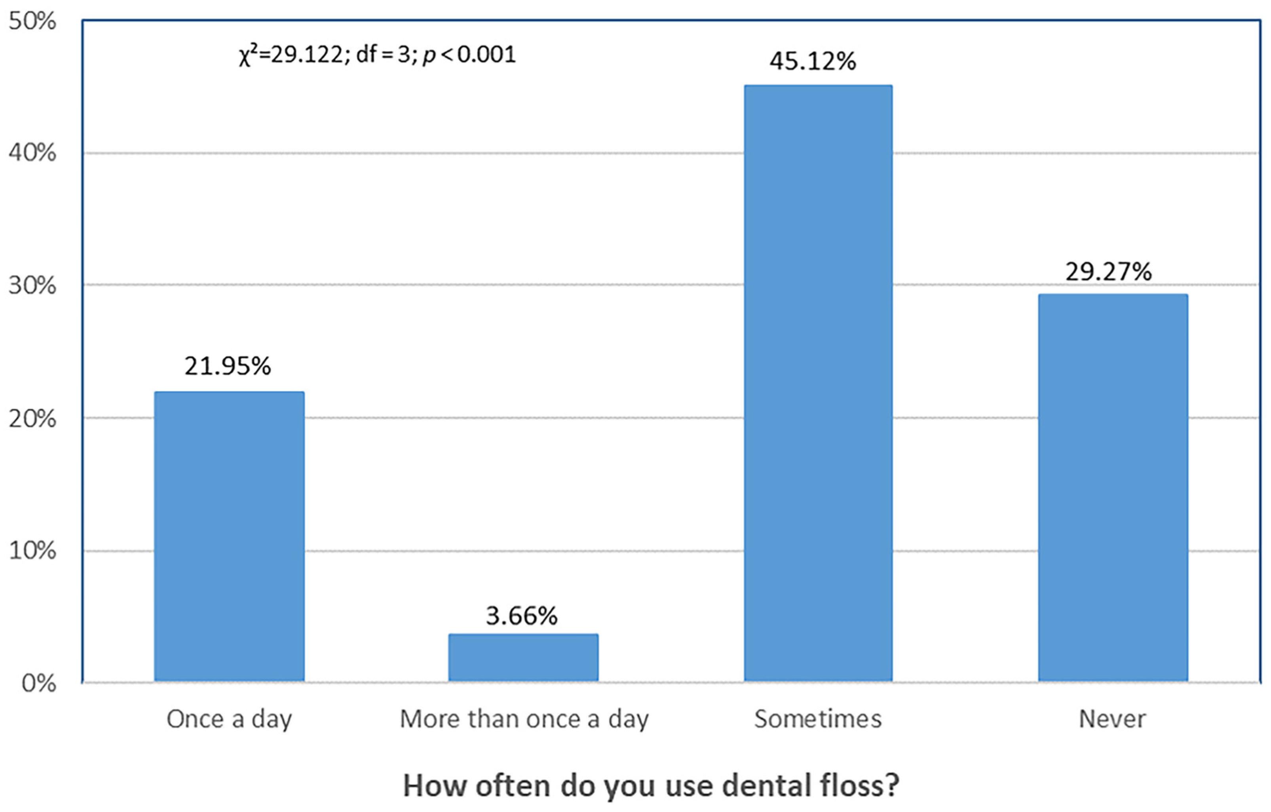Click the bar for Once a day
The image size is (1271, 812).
229,536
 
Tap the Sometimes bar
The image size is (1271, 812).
818,383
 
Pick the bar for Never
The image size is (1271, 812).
1113,487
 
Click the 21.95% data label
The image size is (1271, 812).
228,366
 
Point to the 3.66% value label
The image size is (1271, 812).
521,616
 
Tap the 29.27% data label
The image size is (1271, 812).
1108,272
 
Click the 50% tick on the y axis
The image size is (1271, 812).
32,22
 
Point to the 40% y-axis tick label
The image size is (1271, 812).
32,153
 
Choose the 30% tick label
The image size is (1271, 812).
32,285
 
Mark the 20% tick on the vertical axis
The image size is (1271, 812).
32,419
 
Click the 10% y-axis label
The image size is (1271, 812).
32,551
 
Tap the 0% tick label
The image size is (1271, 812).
38,684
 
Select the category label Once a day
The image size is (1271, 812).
229,719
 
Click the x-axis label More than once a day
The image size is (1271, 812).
524,719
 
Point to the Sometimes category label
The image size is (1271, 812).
818,719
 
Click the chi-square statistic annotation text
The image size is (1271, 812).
377,55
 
